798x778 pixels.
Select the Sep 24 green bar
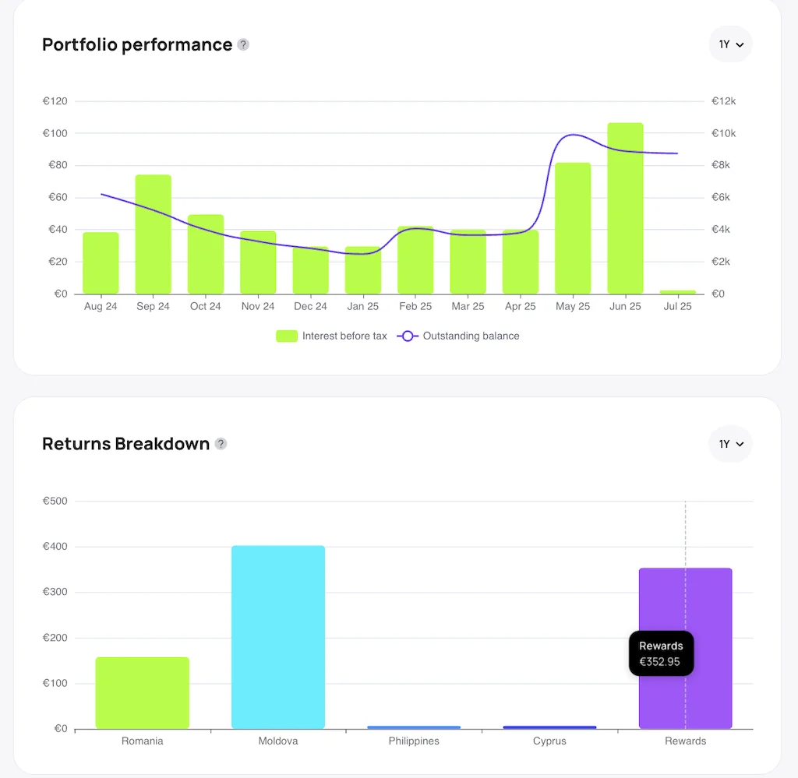coord(153,234)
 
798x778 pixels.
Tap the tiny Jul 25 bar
coord(677,292)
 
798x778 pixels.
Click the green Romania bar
coord(142,693)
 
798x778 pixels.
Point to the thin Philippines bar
coord(414,727)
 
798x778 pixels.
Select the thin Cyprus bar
coord(549,727)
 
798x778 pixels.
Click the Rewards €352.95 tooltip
coord(661,653)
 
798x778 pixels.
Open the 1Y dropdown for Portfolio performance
coord(730,44)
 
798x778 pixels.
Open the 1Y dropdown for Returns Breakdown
coord(730,444)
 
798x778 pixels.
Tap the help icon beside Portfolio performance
coord(243,44)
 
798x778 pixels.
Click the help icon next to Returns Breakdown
coord(221,444)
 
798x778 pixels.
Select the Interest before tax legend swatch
coord(287,336)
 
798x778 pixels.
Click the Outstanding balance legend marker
coord(408,336)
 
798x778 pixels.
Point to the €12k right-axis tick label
coord(723,101)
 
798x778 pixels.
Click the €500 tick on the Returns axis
coord(55,501)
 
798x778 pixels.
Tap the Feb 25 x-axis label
coord(415,306)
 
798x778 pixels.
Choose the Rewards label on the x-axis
coord(685,741)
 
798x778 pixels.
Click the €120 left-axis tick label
coord(55,101)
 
